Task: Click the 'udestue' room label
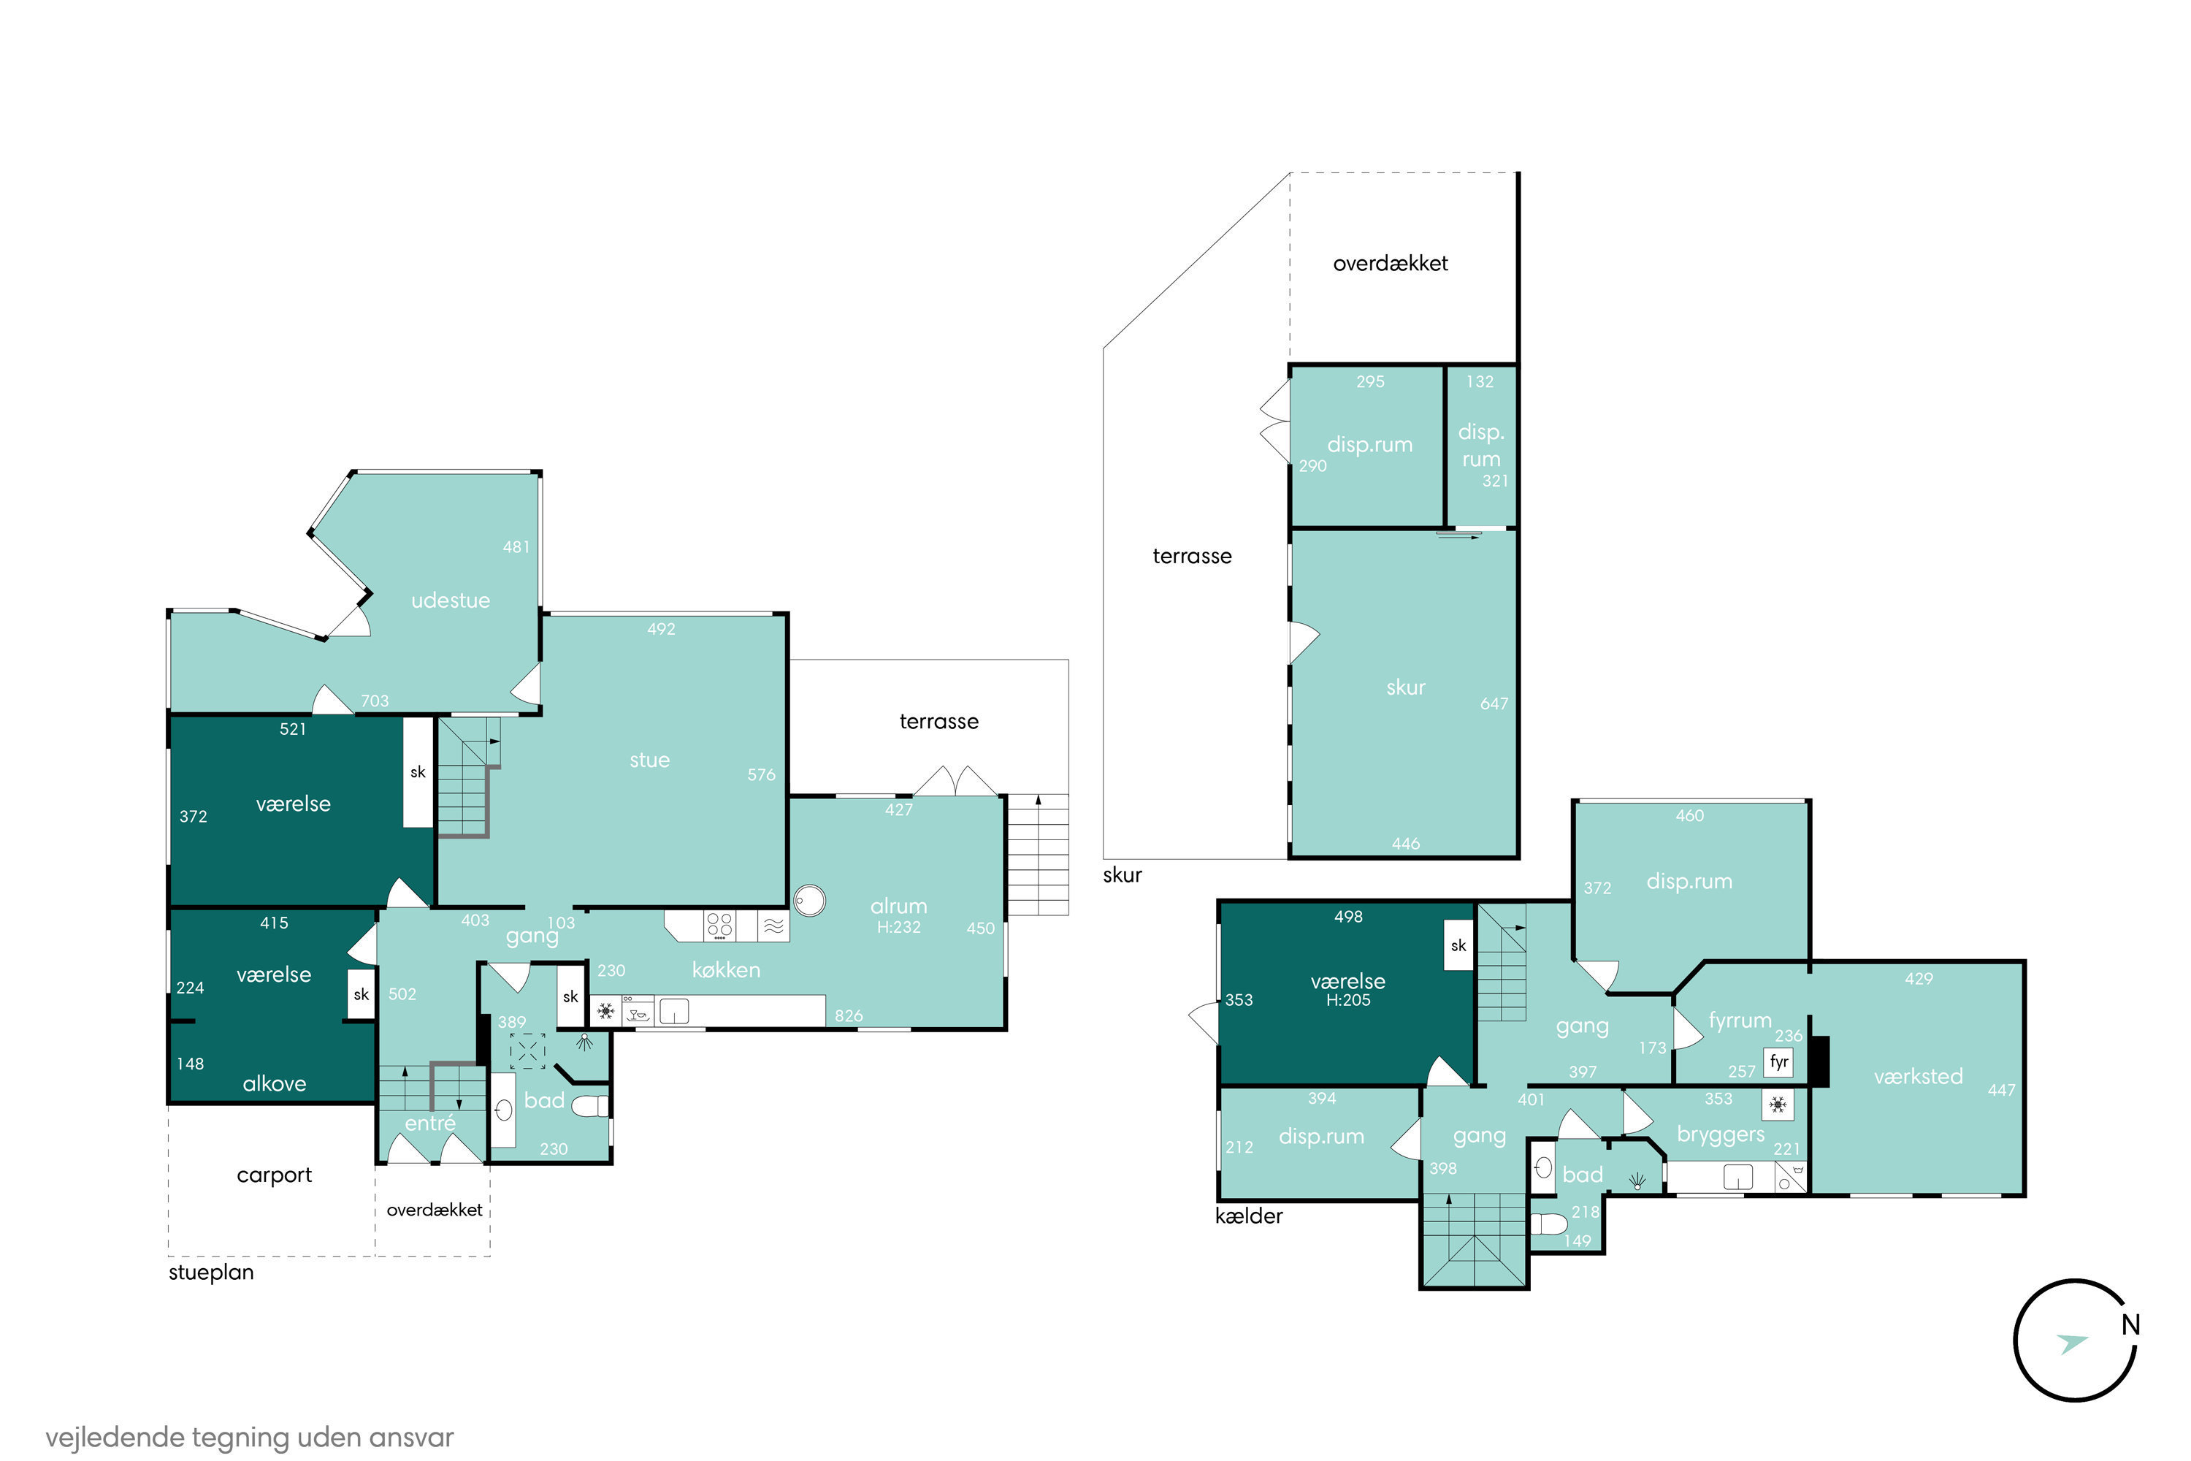[x=451, y=601]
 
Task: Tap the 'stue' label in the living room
[x=649, y=760]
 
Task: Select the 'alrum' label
[x=899, y=906]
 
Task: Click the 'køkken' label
[x=727, y=970]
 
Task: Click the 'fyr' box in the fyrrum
[x=1778, y=1062]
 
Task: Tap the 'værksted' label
[x=1918, y=1076]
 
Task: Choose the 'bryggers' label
[x=1721, y=1135]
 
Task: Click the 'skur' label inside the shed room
[x=1406, y=687]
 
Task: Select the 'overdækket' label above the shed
[x=1390, y=264]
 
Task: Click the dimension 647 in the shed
[x=1494, y=703]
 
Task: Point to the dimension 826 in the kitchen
[x=849, y=1015]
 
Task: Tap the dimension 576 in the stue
[x=761, y=774]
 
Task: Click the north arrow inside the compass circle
[x=2073, y=1343]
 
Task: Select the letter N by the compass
[x=2130, y=1324]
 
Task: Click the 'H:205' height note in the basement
[x=1348, y=1001]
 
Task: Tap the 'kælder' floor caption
[x=1249, y=1216]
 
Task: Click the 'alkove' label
[x=274, y=1083]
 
